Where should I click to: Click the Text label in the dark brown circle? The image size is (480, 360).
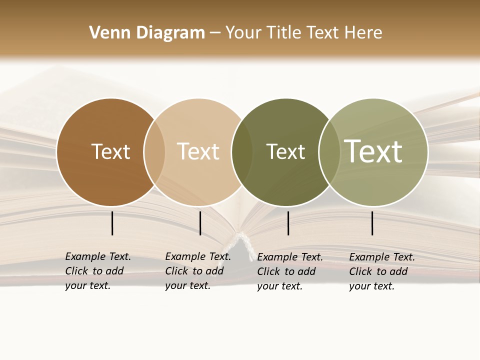[110, 151]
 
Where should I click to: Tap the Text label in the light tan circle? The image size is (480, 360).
[198, 151]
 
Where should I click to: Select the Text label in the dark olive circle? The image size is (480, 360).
[285, 151]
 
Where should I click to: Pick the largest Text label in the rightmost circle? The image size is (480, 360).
[373, 151]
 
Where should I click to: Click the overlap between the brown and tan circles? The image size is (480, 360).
[154, 152]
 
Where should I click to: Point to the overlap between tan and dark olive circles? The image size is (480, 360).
[242, 152]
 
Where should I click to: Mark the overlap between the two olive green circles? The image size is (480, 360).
[329, 152]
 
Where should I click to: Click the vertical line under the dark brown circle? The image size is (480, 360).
[112, 223]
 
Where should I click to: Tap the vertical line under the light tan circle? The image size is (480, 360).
[200, 223]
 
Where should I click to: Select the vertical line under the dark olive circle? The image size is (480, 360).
[288, 223]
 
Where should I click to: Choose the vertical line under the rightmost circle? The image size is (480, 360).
[372, 223]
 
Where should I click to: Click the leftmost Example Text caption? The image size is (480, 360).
[98, 271]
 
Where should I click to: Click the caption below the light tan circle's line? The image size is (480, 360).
[198, 271]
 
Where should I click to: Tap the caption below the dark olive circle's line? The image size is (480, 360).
[290, 271]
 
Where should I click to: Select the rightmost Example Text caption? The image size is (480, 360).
[382, 271]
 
